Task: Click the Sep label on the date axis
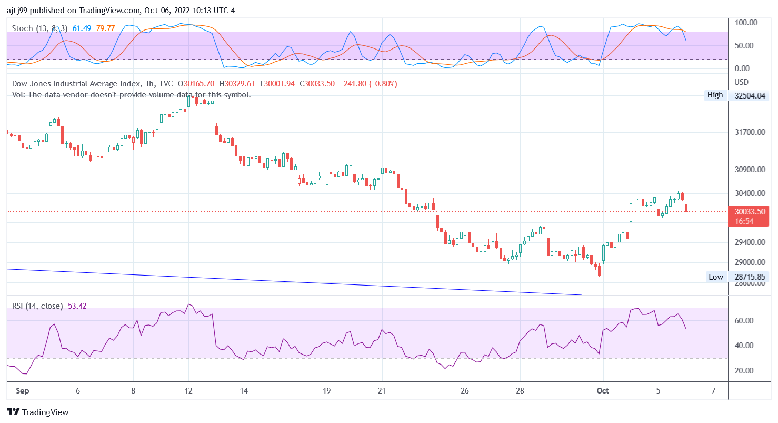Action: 22,391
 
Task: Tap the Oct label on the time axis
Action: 603,391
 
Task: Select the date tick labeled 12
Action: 189,391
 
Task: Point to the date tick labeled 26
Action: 465,391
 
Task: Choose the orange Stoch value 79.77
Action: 105,28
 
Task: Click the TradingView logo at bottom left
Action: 38,412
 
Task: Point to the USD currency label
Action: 741,82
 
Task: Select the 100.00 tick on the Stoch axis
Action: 746,23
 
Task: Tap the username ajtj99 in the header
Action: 18,10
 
